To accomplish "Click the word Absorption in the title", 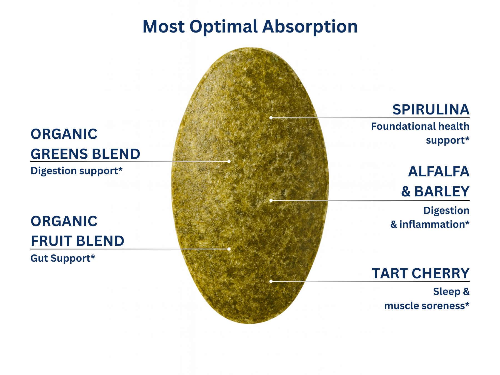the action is click(310, 27).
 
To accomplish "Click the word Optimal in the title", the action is click(224, 27).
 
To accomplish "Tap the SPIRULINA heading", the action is click(431, 109).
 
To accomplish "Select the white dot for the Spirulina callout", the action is click(271, 118).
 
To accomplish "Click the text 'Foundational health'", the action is click(420, 126).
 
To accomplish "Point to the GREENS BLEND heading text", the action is click(86, 154).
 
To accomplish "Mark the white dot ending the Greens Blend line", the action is click(229, 161).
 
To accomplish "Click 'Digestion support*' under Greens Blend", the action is click(77, 171).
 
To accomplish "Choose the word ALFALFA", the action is click(439, 171).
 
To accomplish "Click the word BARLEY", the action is click(442, 191).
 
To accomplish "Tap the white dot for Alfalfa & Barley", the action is click(271, 200).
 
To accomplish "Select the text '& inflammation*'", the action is click(430, 224).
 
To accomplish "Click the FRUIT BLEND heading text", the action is click(77, 241).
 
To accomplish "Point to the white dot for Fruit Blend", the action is click(229, 249).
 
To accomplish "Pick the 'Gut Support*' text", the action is click(63, 258).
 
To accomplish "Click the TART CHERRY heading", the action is click(421, 274).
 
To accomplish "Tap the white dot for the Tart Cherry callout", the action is click(271, 281).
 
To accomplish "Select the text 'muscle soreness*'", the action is click(427, 306).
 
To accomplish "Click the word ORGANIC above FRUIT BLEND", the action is click(64, 221).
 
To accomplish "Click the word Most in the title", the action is click(164, 27).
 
